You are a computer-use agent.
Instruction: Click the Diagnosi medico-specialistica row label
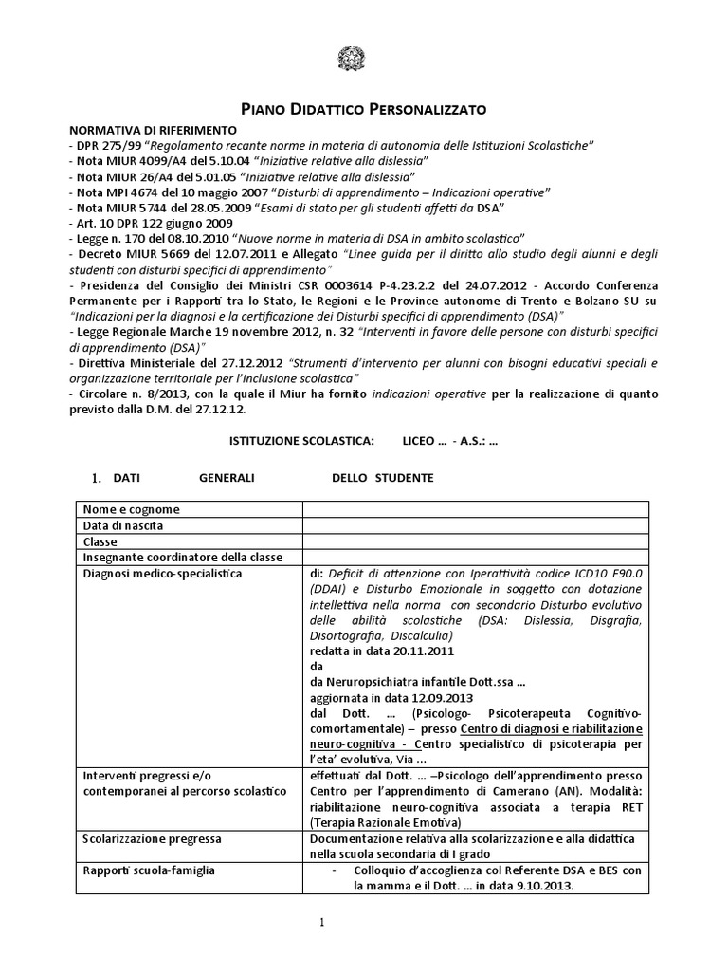pyautogui.click(x=162, y=574)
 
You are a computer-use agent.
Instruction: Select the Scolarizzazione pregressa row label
pyautogui.click(x=153, y=839)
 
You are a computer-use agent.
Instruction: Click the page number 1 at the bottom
pyautogui.click(x=320, y=922)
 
